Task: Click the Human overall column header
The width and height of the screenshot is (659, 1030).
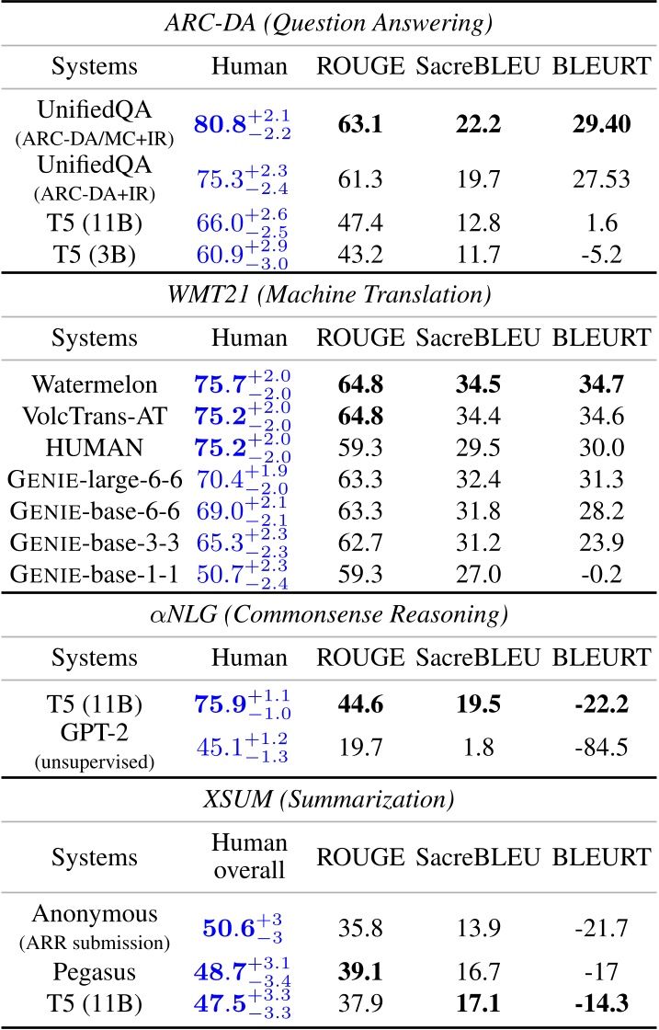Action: [x=249, y=857]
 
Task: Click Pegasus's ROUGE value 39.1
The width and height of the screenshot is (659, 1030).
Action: [x=359, y=973]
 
